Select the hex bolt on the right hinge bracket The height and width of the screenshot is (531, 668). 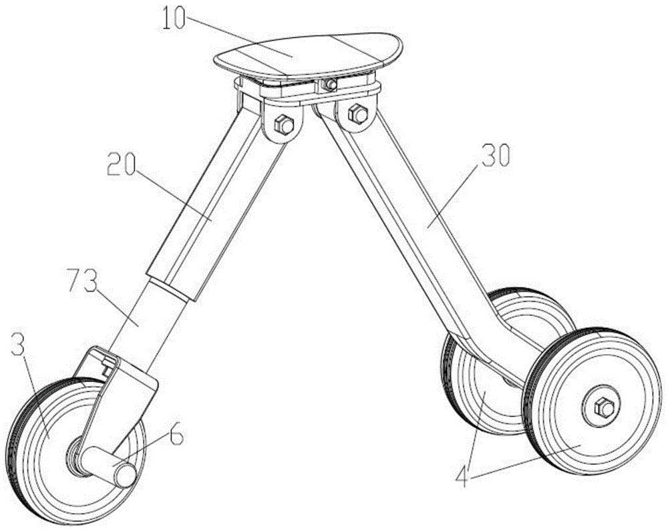coord(358,114)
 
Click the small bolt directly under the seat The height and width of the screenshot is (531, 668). coord(328,84)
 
